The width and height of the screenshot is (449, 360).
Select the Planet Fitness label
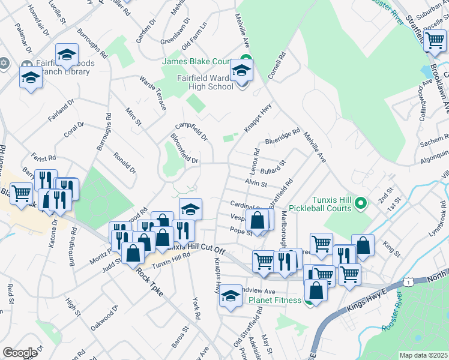pyautogui.click(x=275, y=300)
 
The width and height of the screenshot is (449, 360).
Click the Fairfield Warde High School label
pyautogui.click(x=205, y=82)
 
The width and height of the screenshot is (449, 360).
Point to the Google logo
pyautogui.click(x=20, y=353)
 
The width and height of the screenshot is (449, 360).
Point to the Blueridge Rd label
pyautogui.click(x=282, y=137)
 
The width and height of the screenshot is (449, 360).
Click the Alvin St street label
pyautogui.click(x=255, y=182)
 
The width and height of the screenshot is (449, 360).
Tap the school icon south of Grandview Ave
pyautogui.click(x=230, y=296)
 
